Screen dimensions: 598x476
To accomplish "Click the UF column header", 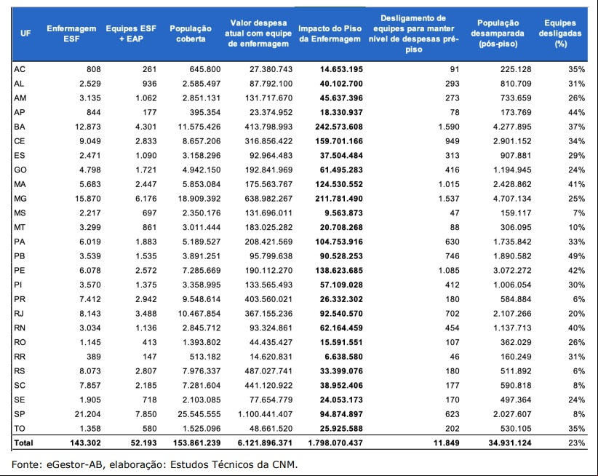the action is [x=25, y=33].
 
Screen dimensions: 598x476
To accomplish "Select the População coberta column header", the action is [x=191, y=33].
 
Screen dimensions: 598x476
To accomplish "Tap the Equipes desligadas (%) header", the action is [x=560, y=33].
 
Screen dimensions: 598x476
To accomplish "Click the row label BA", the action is [x=20, y=127].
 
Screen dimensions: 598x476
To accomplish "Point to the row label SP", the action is [x=20, y=414].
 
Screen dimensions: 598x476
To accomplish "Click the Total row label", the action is [x=24, y=443].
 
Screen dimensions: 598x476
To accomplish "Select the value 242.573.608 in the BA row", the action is [x=339, y=127].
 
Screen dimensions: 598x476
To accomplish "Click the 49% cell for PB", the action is [x=577, y=256].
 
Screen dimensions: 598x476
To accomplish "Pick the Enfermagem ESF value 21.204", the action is [x=88, y=414].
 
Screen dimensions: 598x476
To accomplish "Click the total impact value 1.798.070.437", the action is [x=335, y=443].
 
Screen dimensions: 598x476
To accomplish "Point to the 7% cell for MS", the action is [x=579, y=213].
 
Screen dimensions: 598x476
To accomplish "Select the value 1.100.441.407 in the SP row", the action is [x=266, y=414].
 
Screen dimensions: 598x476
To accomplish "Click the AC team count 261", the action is [x=150, y=69].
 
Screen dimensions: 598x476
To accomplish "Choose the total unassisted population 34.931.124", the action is [x=510, y=443].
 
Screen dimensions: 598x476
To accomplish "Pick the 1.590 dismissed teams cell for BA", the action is [x=449, y=127].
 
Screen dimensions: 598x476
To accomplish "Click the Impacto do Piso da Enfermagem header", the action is [x=330, y=33].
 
